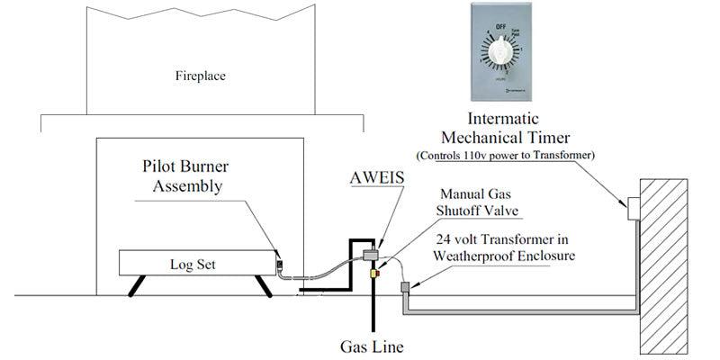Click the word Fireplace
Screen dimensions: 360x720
coord(200,76)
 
